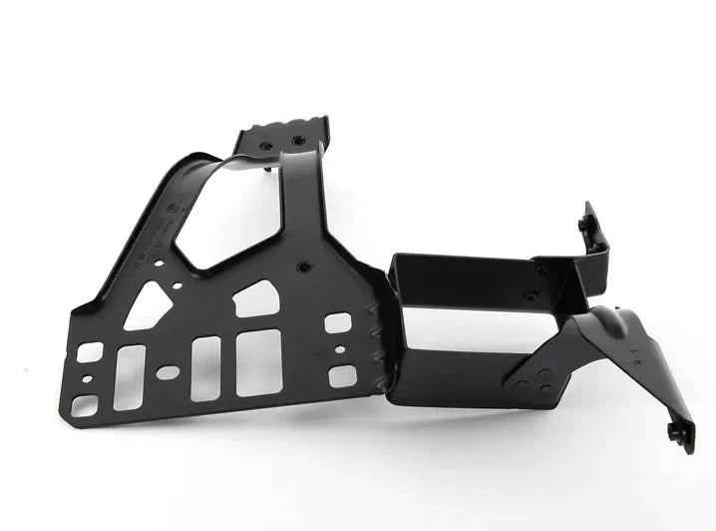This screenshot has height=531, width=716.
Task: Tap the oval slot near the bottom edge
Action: [x=168, y=372]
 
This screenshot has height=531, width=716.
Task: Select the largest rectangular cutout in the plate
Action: [x=258, y=362]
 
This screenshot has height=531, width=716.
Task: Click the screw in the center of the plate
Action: [x=304, y=266]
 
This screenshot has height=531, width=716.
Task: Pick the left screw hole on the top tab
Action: [x=265, y=146]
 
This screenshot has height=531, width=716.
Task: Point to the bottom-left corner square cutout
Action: [x=85, y=405]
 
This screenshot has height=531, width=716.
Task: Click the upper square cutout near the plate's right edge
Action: [x=338, y=323]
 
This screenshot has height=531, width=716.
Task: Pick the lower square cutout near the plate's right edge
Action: [x=342, y=375]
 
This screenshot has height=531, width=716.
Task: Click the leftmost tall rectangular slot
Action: [x=130, y=376]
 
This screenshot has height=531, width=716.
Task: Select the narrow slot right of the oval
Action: [x=205, y=367]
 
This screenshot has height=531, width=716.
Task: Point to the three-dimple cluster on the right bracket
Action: [x=539, y=379]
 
